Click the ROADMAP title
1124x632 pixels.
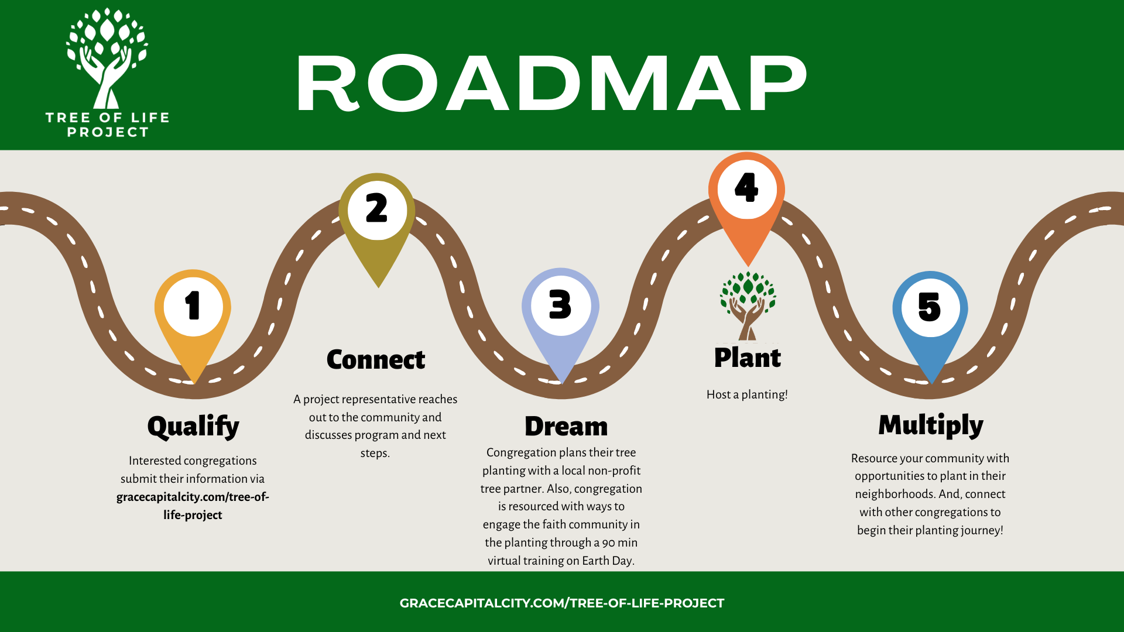coord(551,83)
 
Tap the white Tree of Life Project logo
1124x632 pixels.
coord(107,73)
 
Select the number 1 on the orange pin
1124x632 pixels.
coord(193,306)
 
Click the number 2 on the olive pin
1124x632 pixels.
coord(376,209)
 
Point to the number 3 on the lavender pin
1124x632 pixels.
coord(560,305)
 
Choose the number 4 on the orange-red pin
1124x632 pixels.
coord(746,188)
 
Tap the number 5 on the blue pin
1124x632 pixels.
coord(930,307)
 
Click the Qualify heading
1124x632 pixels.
coord(193,427)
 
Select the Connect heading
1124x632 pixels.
coord(376,359)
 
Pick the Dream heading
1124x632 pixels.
coord(566,427)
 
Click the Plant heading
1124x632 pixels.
coord(748,358)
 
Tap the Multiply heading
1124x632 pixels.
coord(931,425)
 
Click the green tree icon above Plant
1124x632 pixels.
coord(748,304)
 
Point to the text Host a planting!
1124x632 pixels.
coord(747,394)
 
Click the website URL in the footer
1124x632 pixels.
coord(562,603)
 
